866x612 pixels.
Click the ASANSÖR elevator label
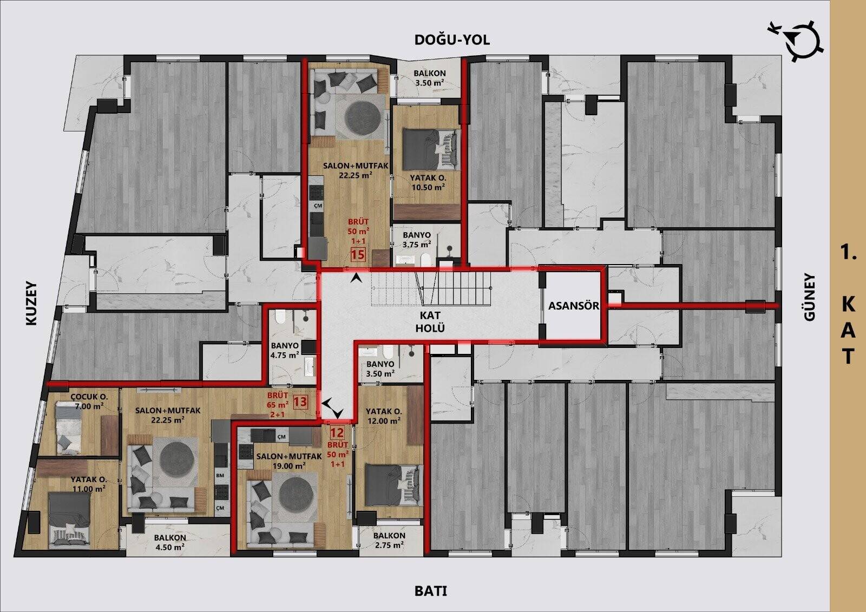[574, 306]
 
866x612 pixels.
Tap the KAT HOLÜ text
[430, 321]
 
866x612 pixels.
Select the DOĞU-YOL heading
[452, 40]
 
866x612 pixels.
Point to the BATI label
[431, 591]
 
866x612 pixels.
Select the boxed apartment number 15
[358, 255]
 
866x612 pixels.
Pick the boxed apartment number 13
[300, 402]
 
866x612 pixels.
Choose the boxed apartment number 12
[337, 432]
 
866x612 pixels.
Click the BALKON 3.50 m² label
[429, 78]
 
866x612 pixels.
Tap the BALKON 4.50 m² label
[170, 542]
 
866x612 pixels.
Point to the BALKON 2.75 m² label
[389, 540]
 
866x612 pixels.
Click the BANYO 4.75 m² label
[285, 350]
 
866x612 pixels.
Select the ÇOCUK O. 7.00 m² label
[89, 402]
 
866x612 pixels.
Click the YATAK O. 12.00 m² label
[384, 416]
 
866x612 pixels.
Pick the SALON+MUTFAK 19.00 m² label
[289, 460]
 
